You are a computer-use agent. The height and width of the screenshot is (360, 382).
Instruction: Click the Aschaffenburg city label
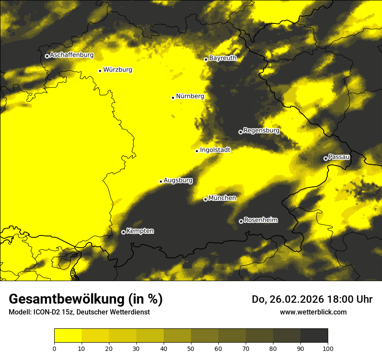72,55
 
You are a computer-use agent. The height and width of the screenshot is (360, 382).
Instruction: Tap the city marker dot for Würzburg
100,71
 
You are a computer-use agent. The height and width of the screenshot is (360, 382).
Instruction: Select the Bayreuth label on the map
223,58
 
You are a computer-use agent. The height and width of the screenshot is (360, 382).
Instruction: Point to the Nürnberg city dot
173,97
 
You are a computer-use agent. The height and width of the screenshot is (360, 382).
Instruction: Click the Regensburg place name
261,131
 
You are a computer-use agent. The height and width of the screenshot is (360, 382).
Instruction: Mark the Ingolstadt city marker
197,151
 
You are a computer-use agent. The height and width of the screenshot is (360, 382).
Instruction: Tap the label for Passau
339,157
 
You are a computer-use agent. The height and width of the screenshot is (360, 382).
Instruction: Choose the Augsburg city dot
161,181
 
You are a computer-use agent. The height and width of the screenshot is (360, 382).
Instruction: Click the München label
222,198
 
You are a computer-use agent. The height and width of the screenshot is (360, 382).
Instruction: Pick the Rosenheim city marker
241,221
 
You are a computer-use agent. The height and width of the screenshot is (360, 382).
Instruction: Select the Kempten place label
140,231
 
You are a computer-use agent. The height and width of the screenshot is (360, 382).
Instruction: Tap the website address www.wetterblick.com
313,312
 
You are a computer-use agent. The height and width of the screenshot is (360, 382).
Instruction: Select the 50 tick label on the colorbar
191,348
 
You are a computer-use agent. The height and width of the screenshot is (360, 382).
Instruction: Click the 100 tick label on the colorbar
328,348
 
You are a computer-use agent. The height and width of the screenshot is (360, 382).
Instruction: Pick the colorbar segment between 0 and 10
68,336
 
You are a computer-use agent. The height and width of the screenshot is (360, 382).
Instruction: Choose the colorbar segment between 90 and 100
314,336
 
